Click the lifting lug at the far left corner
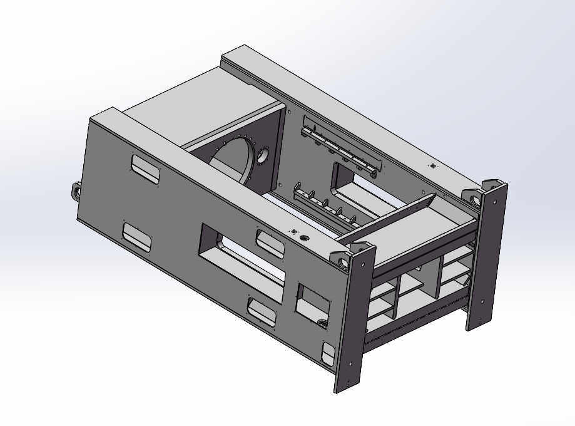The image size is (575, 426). (x=76, y=189)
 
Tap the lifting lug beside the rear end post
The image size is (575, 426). (x=474, y=197)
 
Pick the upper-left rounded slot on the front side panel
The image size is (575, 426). (x=145, y=168)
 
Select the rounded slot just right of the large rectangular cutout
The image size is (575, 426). (x=270, y=241)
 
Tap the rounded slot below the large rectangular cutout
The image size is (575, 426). (x=262, y=311)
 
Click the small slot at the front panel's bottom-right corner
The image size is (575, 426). (x=328, y=354)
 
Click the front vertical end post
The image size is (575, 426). (x=354, y=319)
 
